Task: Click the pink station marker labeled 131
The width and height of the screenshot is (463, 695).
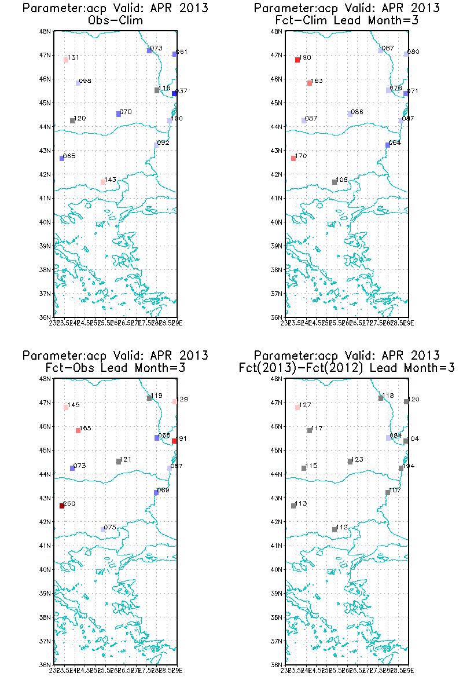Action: (x=66, y=60)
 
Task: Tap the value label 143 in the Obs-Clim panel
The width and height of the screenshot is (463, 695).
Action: (x=111, y=180)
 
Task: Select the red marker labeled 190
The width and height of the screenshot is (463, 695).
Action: (x=297, y=60)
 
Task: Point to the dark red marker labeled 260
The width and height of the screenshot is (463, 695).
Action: (x=62, y=506)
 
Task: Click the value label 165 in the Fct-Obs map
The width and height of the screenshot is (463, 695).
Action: (x=86, y=428)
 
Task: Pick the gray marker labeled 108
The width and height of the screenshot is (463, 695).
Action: (x=335, y=182)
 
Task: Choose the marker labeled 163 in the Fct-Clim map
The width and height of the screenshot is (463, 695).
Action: (x=310, y=83)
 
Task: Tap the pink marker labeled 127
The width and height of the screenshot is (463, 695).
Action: (x=297, y=407)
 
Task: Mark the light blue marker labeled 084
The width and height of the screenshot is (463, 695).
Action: (x=388, y=437)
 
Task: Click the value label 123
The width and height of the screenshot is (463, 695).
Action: (x=358, y=459)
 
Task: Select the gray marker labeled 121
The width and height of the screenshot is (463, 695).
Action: (x=119, y=462)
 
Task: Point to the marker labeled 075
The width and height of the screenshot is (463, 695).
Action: (x=103, y=529)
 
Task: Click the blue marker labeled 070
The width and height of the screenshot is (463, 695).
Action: (x=119, y=114)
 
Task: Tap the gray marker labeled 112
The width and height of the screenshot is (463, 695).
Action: (x=335, y=529)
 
